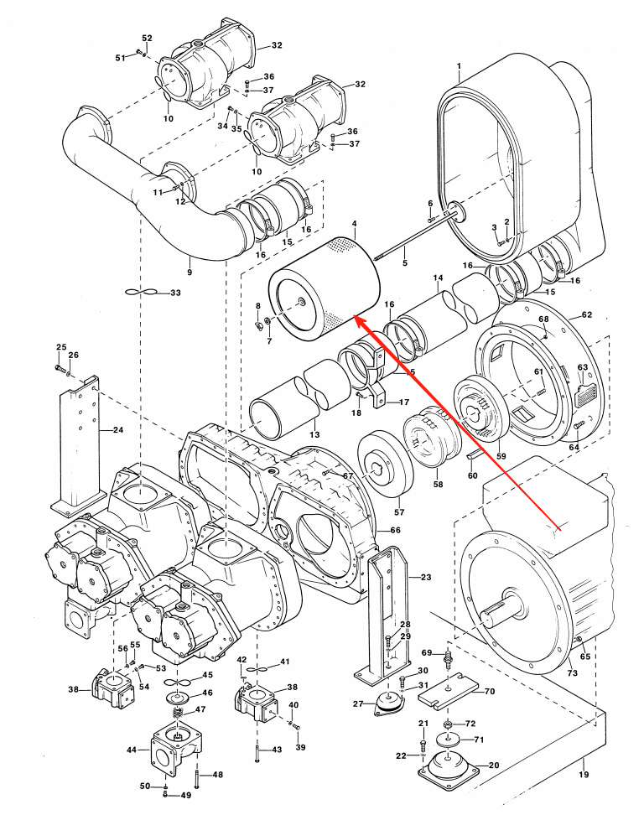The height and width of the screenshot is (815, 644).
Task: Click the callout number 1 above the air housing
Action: pos(460,66)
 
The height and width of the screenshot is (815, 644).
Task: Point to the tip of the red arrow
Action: pos(356,317)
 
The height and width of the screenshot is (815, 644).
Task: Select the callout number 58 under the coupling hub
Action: pos(437,484)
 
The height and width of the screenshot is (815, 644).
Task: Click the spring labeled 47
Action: pos(177,714)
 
